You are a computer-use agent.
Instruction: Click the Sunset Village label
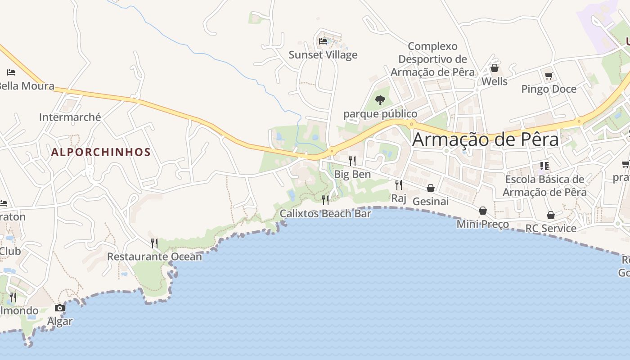(x=323, y=55)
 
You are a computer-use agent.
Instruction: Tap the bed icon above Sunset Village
(x=323, y=41)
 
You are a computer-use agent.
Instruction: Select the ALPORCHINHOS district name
(x=101, y=152)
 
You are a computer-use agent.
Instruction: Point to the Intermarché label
(x=70, y=117)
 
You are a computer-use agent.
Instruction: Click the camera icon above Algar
(x=60, y=308)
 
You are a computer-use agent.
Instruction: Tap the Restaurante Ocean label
(x=154, y=256)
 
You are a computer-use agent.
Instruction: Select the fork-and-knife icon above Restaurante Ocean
(x=154, y=243)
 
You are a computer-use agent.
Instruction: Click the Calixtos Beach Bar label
(x=325, y=213)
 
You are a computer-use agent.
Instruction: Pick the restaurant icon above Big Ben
(x=352, y=161)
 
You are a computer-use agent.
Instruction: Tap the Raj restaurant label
(x=399, y=198)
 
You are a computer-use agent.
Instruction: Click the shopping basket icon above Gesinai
(x=431, y=188)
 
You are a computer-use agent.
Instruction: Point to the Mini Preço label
(x=483, y=224)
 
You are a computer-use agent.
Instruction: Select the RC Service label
(x=551, y=228)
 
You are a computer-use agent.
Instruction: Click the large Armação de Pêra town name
(x=486, y=139)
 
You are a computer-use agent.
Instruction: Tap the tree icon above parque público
(x=380, y=100)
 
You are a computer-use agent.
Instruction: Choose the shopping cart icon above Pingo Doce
(x=549, y=76)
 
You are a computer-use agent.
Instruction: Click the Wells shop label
(x=495, y=81)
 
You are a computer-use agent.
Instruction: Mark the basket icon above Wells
(x=495, y=68)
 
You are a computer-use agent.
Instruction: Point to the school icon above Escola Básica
(x=544, y=166)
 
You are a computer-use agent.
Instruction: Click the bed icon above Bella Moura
(x=11, y=72)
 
